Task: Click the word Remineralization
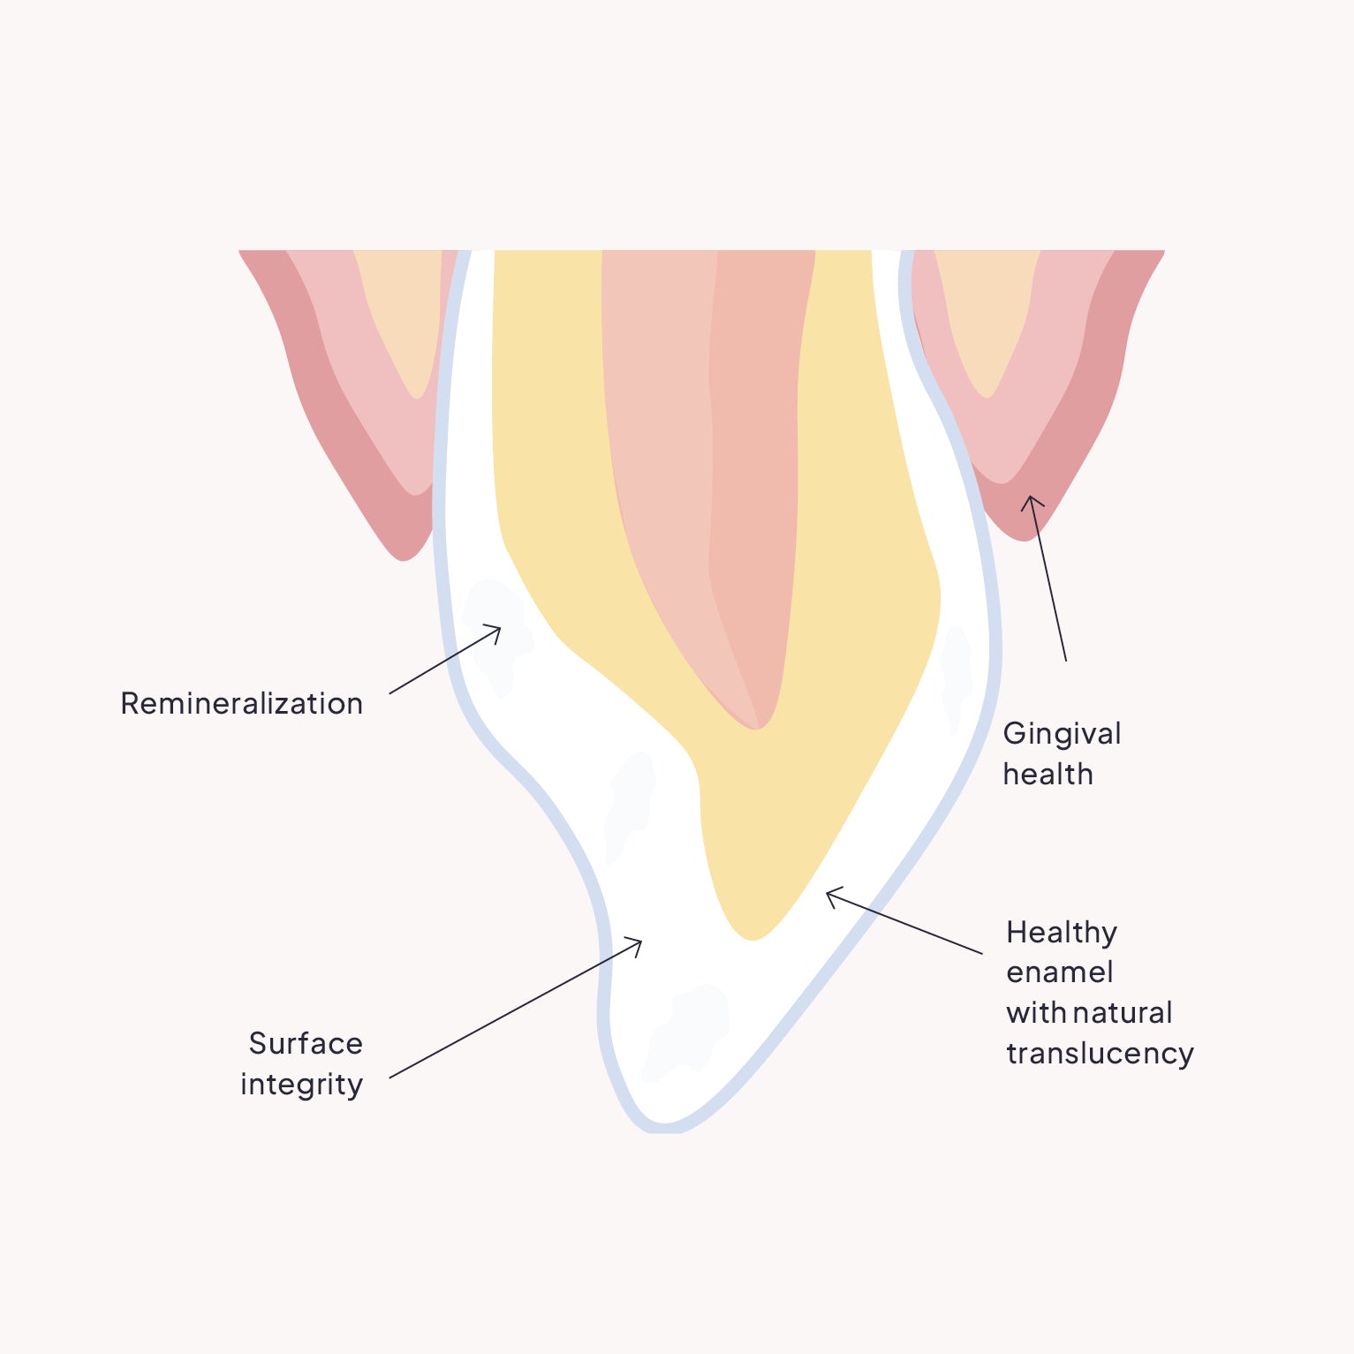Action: click(241, 704)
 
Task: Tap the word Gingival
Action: click(1062, 734)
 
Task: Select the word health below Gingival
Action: click(1048, 775)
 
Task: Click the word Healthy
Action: click(1062, 933)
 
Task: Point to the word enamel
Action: click(1059, 972)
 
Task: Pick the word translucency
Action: click(1100, 1054)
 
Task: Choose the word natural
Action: click(1123, 1013)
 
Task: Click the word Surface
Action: click(306, 1044)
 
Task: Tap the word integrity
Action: click(301, 1085)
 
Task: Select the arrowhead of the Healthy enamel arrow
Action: click(828, 895)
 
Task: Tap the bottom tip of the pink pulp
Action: click(758, 727)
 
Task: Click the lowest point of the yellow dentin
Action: click(752, 938)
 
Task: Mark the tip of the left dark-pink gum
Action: click(404, 557)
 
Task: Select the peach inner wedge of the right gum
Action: click(987, 318)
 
